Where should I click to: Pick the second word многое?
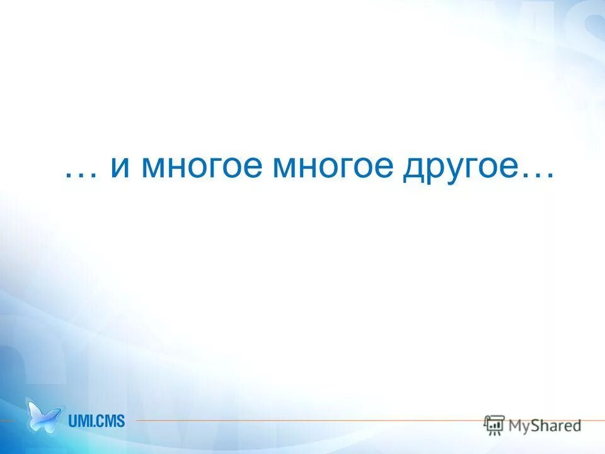point(333,169)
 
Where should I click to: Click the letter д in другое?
point(413,169)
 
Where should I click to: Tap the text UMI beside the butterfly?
point(80,420)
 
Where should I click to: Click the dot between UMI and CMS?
point(95,425)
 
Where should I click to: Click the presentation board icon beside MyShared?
point(494,425)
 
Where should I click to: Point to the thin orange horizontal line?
point(302,421)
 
